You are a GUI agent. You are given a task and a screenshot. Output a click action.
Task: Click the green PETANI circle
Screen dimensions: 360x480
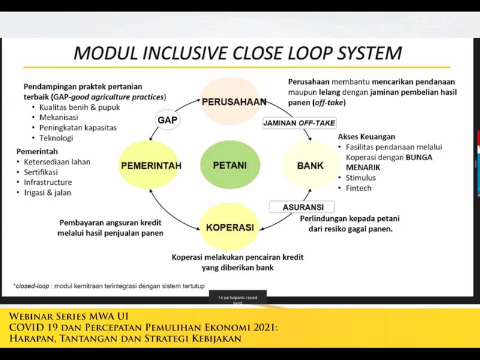point(230,165)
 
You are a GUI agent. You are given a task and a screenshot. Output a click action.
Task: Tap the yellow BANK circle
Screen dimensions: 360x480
point(310,165)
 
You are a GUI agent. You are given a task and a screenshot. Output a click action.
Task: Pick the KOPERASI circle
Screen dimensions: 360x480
point(230,227)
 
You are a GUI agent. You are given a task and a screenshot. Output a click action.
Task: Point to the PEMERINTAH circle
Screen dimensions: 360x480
point(150,165)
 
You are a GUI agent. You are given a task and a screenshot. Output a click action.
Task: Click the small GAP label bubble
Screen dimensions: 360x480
point(167,120)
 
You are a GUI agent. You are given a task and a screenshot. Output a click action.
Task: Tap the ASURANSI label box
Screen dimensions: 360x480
point(303,207)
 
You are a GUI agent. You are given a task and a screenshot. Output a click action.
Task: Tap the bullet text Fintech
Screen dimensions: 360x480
point(358,188)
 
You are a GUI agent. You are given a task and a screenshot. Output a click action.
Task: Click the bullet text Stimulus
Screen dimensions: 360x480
point(361,178)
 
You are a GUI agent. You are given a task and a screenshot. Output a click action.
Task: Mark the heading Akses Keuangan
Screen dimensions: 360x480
point(367,137)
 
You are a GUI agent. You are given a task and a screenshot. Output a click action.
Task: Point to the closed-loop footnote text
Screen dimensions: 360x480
point(109,286)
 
